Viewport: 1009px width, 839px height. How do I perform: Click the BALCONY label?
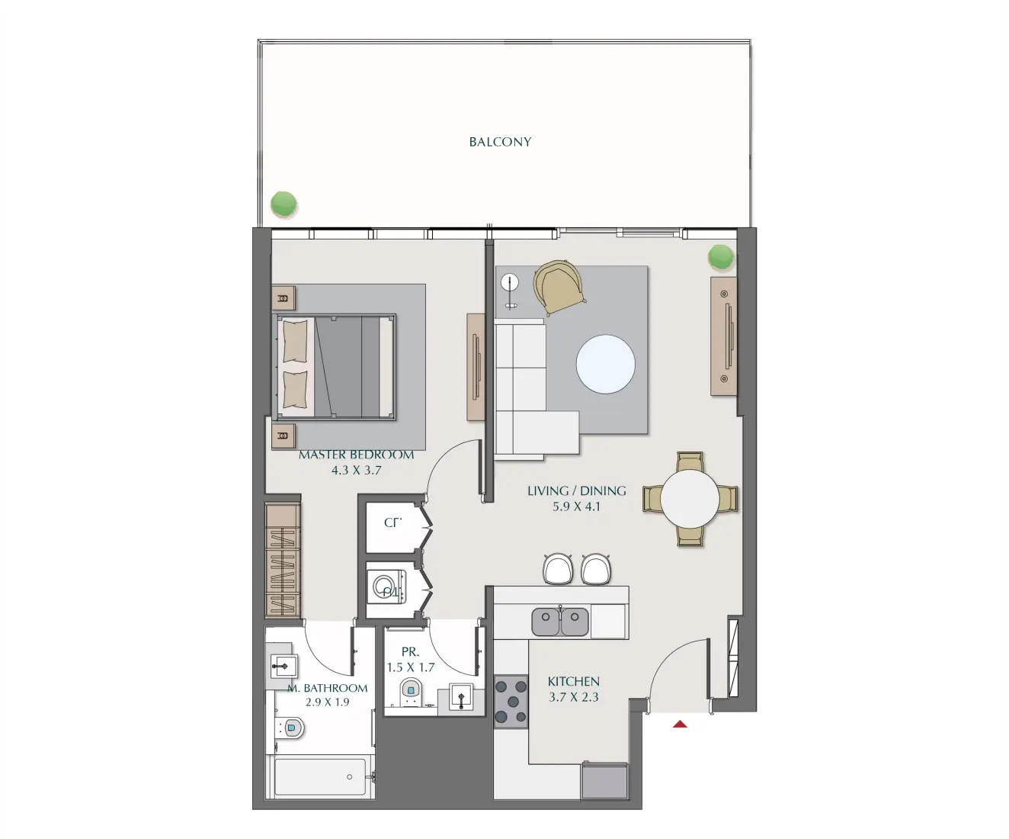click(x=500, y=142)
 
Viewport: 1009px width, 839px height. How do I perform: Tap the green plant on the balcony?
click(x=283, y=204)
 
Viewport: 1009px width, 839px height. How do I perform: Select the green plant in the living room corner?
click(x=720, y=257)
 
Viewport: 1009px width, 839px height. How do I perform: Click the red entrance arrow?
click(x=680, y=724)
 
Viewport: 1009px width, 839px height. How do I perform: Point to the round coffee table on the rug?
click(x=605, y=365)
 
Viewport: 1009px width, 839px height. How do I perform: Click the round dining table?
click(x=690, y=499)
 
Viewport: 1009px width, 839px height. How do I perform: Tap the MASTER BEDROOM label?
click(x=357, y=455)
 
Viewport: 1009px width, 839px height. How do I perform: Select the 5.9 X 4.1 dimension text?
click(x=576, y=506)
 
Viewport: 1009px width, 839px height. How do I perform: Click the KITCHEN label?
click(x=573, y=681)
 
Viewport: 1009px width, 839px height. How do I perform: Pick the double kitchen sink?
click(x=560, y=622)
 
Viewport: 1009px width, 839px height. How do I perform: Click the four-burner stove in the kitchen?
click(x=511, y=702)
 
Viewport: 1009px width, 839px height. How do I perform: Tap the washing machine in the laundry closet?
click(x=387, y=589)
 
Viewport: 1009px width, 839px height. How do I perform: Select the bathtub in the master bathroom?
click(x=320, y=777)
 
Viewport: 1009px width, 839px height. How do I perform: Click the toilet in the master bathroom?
click(x=290, y=728)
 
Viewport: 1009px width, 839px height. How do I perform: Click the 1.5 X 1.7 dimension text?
click(x=410, y=667)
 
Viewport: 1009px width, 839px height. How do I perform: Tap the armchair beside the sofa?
click(x=560, y=287)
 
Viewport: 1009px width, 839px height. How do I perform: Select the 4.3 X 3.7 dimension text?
click(x=356, y=471)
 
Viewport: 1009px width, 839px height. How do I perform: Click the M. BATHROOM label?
click(x=328, y=688)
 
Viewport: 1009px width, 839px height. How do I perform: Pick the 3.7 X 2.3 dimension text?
click(x=573, y=697)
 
